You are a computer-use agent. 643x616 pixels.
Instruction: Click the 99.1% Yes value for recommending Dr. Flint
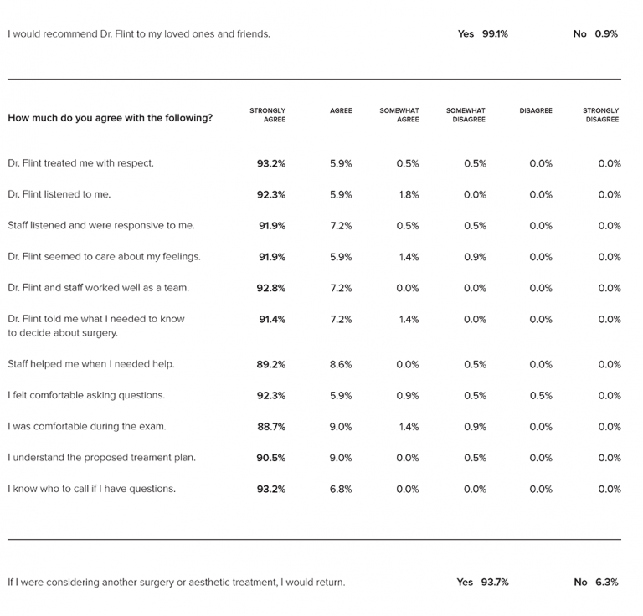click(x=495, y=34)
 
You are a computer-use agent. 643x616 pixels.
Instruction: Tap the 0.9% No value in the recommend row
click(x=606, y=34)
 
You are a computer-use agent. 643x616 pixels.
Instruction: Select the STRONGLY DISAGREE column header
click(x=601, y=115)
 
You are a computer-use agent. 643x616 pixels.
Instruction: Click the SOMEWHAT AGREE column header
click(x=399, y=115)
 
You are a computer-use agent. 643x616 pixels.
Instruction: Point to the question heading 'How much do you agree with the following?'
click(x=111, y=118)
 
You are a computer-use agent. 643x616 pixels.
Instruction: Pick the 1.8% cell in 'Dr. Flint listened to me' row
click(x=409, y=195)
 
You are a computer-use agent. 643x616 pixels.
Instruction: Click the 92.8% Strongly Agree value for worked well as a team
click(x=271, y=288)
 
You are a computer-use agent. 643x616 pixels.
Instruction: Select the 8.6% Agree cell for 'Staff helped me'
click(x=341, y=364)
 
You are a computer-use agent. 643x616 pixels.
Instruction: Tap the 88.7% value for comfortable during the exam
click(x=271, y=427)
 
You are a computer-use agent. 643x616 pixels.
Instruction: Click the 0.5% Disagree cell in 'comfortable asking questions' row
click(x=541, y=396)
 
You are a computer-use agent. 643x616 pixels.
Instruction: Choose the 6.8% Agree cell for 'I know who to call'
click(x=341, y=489)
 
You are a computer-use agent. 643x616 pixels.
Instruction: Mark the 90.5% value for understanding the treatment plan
click(x=271, y=458)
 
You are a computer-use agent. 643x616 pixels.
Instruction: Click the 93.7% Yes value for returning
click(x=495, y=582)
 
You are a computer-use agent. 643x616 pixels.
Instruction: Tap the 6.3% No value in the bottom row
click(x=607, y=582)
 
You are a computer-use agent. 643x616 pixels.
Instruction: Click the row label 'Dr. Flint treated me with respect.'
click(x=80, y=163)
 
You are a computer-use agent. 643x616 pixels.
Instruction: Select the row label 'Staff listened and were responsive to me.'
click(x=101, y=225)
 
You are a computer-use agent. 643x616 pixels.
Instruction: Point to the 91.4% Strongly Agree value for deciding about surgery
click(x=272, y=319)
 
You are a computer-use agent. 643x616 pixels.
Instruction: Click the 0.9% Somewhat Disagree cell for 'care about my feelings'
click(x=476, y=257)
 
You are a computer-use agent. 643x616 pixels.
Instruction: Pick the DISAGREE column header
click(x=536, y=110)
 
